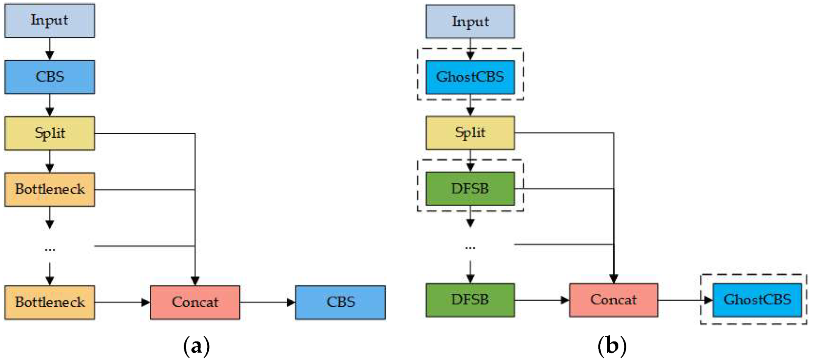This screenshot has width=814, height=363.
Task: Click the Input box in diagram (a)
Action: [50, 21]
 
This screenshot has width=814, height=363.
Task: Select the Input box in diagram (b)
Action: [470, 21]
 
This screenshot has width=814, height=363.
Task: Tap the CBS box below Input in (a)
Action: [50, 77]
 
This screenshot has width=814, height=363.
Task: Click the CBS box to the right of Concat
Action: [340, 302]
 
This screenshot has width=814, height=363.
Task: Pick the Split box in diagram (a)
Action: [50, 133]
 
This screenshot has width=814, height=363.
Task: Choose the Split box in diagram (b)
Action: [470, 132]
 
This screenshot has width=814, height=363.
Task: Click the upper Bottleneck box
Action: [50, 189]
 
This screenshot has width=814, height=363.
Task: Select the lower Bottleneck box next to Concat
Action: [50, 302]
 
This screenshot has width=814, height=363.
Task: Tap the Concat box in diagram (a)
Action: [195, 302]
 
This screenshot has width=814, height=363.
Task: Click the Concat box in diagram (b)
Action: [613, 299]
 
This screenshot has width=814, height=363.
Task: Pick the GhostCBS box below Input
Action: [470, 77]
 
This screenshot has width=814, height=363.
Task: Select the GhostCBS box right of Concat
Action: [757, 299]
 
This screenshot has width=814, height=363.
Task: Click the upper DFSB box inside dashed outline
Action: [470, 189]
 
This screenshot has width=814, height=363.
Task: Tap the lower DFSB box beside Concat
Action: [470, 299]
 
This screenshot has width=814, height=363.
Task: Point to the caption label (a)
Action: [196, 346]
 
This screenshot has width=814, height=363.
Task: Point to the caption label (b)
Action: [612, 346]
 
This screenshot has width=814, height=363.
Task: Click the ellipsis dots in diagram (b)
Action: [470, 248]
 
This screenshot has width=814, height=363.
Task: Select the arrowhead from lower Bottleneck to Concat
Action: [146, 302]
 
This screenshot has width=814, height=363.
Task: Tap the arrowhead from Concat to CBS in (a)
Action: [291, 302]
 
